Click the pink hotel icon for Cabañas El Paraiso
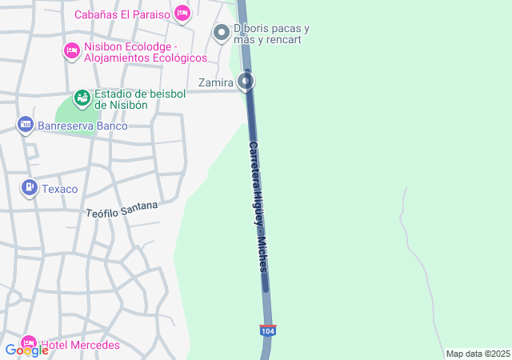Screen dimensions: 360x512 [x=182, y=13]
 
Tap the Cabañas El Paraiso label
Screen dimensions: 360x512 [x=123, y=14]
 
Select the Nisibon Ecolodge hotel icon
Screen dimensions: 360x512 [x=71, y=51]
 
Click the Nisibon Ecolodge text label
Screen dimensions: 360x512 [x=136, y=52]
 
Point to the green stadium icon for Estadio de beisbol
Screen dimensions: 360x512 [x=82, y=98]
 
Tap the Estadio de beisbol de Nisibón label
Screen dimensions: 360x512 [x=140, y=99]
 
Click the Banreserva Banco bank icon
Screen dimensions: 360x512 [x=26, y=125]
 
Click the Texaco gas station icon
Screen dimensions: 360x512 [x=29, y=188]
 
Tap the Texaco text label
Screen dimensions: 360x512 [x=60, y=190]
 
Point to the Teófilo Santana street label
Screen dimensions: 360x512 [x=122, y=210]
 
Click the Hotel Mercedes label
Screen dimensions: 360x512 [x=80, y=346]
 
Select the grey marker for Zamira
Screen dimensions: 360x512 [x=246, y=82]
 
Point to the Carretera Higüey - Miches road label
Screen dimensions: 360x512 [x=257, y=208]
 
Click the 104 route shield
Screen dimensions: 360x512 [x=267, y=330]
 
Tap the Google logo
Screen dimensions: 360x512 [x=26, y=349]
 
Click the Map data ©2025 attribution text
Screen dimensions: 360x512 [x=478, y=354]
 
